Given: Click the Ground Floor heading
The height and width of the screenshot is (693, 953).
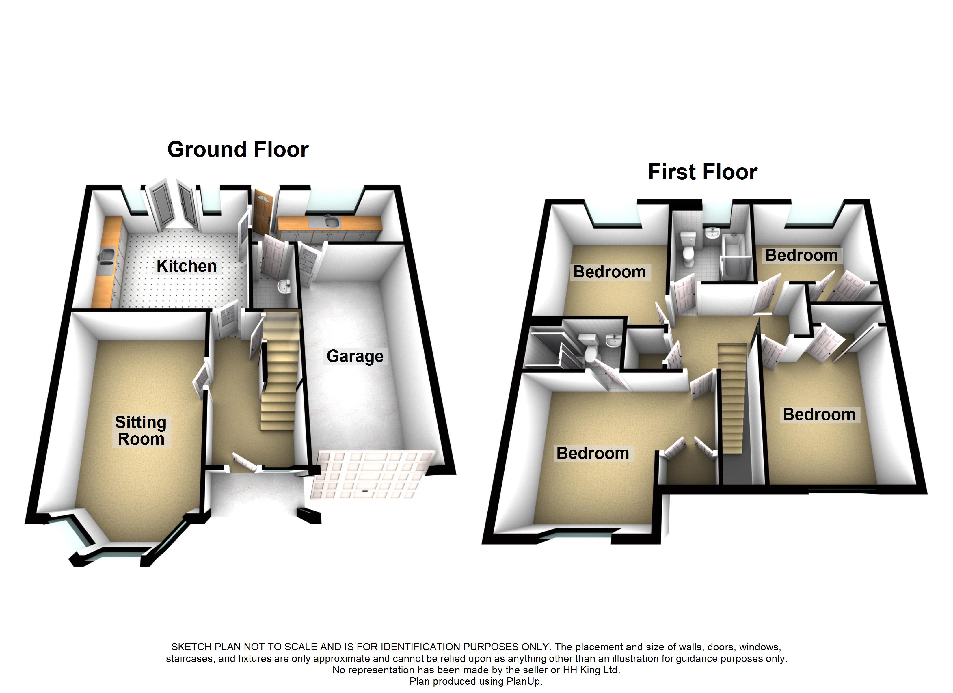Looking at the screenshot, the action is tap(238, 150).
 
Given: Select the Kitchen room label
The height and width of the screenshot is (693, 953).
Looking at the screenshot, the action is tap(187, 266).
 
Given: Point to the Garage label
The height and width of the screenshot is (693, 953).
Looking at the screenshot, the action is tap(355, 356).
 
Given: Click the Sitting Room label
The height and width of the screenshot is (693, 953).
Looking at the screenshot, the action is tap(141, 430).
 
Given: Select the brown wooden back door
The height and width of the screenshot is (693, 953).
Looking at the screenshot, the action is tap(263, 212).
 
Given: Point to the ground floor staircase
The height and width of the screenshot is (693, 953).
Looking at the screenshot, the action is tap(280, 370).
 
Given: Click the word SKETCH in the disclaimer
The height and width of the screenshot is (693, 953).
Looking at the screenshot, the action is tap(191, 647).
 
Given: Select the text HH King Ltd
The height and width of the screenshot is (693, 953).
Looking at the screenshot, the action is tap(591, 670).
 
